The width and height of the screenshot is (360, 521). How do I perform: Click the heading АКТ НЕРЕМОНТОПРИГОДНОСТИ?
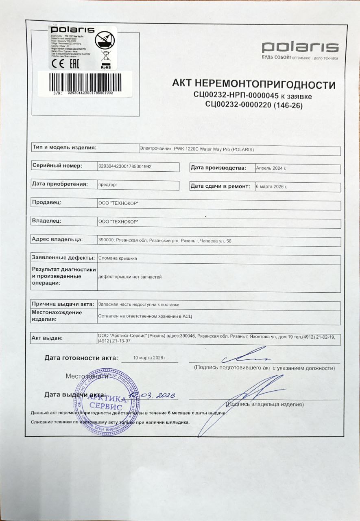click(x=254, y=85)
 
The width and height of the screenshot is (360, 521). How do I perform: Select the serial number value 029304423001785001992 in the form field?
click(x=125, y=166)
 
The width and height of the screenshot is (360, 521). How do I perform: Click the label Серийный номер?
click(x=57, y=166)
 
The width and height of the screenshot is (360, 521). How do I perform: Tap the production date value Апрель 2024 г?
click(x=271, y=168)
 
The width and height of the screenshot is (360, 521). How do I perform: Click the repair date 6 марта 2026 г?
click(x=271, y=186)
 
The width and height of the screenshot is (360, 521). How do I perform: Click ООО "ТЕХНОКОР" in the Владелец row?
click(x=118, y=221)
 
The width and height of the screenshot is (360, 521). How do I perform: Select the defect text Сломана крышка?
click(x=118, y=258)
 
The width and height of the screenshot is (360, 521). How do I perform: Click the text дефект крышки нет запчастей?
click(x=130, y=277)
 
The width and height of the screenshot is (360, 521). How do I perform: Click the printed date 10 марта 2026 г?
click(x=150, y=357)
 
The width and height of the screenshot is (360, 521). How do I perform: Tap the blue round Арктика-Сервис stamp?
click(x=106, y=401)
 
